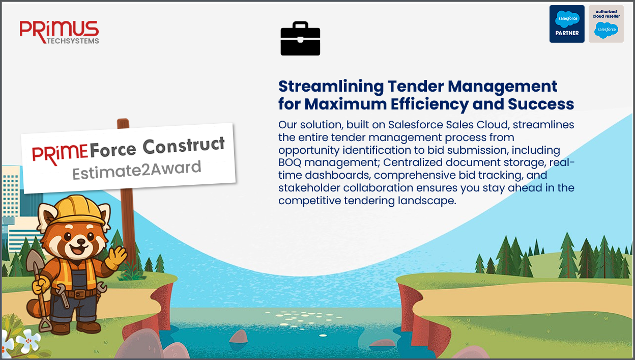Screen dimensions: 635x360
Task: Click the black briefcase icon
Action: point(300,38)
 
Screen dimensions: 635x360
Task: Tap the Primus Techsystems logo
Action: point(59,32)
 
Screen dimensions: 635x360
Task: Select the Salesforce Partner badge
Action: point(567,24)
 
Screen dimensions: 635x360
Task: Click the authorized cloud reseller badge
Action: point(606,24)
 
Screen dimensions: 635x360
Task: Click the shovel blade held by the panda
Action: point(33,261)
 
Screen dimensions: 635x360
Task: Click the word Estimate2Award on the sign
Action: point(137,170)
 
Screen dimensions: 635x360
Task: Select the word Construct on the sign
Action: point(184,146)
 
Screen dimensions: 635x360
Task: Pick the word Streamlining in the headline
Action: point(331,87)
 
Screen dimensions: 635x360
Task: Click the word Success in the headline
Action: point(541,104)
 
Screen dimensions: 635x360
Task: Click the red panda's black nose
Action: point(81,241)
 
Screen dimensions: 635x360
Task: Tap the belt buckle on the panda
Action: point(80,294)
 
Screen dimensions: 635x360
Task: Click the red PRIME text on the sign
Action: point(60,154)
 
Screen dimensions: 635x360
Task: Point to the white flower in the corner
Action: point(28,340)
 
